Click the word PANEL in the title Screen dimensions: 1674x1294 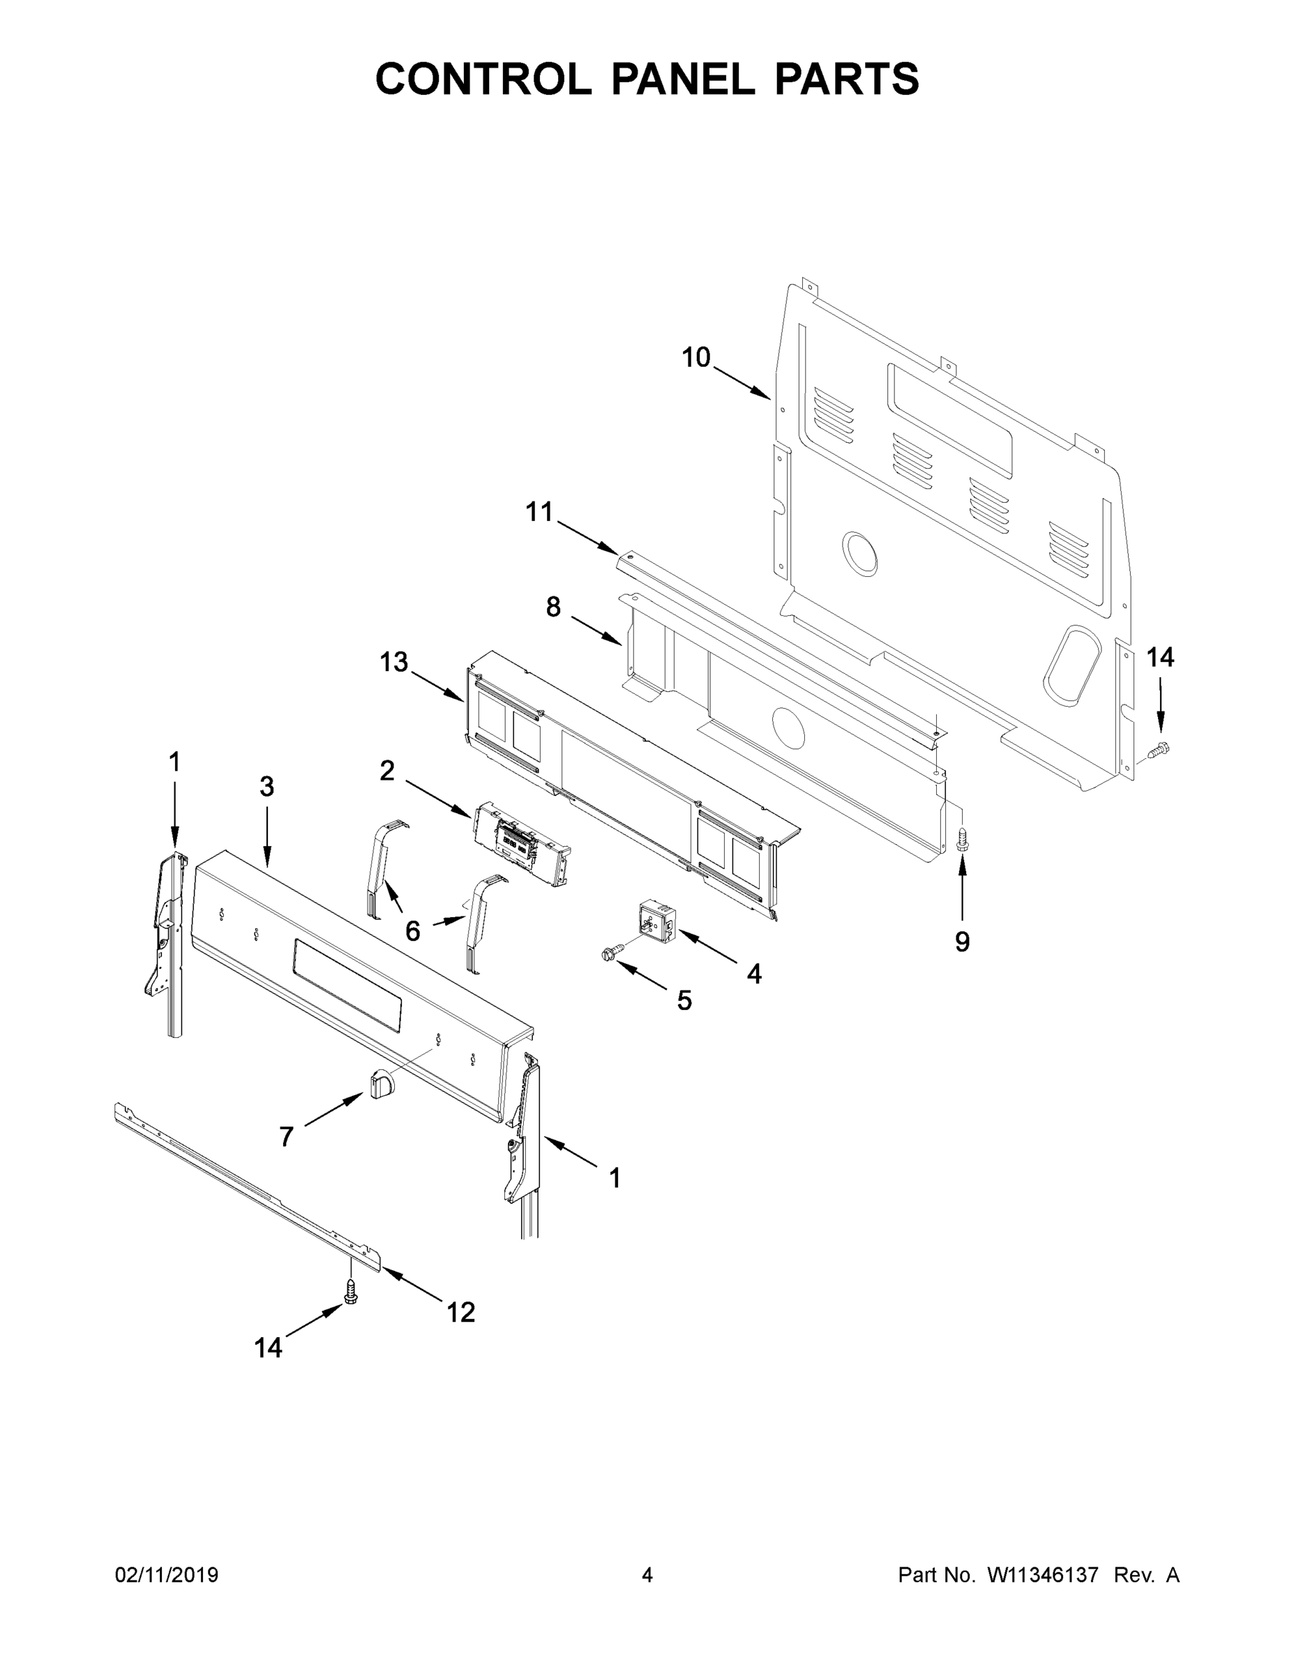[x=682, y=79]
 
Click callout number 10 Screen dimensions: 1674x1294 [x=696, y=357]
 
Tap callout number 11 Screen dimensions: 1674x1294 [x=539, y=512]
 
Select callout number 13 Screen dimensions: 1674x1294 [x=394, y=662]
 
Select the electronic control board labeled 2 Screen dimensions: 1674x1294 [x=521, y=843]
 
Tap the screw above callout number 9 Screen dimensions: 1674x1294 [x=963, y=838]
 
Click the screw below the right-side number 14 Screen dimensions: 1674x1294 [x=1161, y=748]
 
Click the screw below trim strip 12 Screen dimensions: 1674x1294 [x=351, y=1294]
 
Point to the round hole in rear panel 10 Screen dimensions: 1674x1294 [x=860, y=552]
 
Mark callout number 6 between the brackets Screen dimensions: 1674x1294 [x=412, y=931]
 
